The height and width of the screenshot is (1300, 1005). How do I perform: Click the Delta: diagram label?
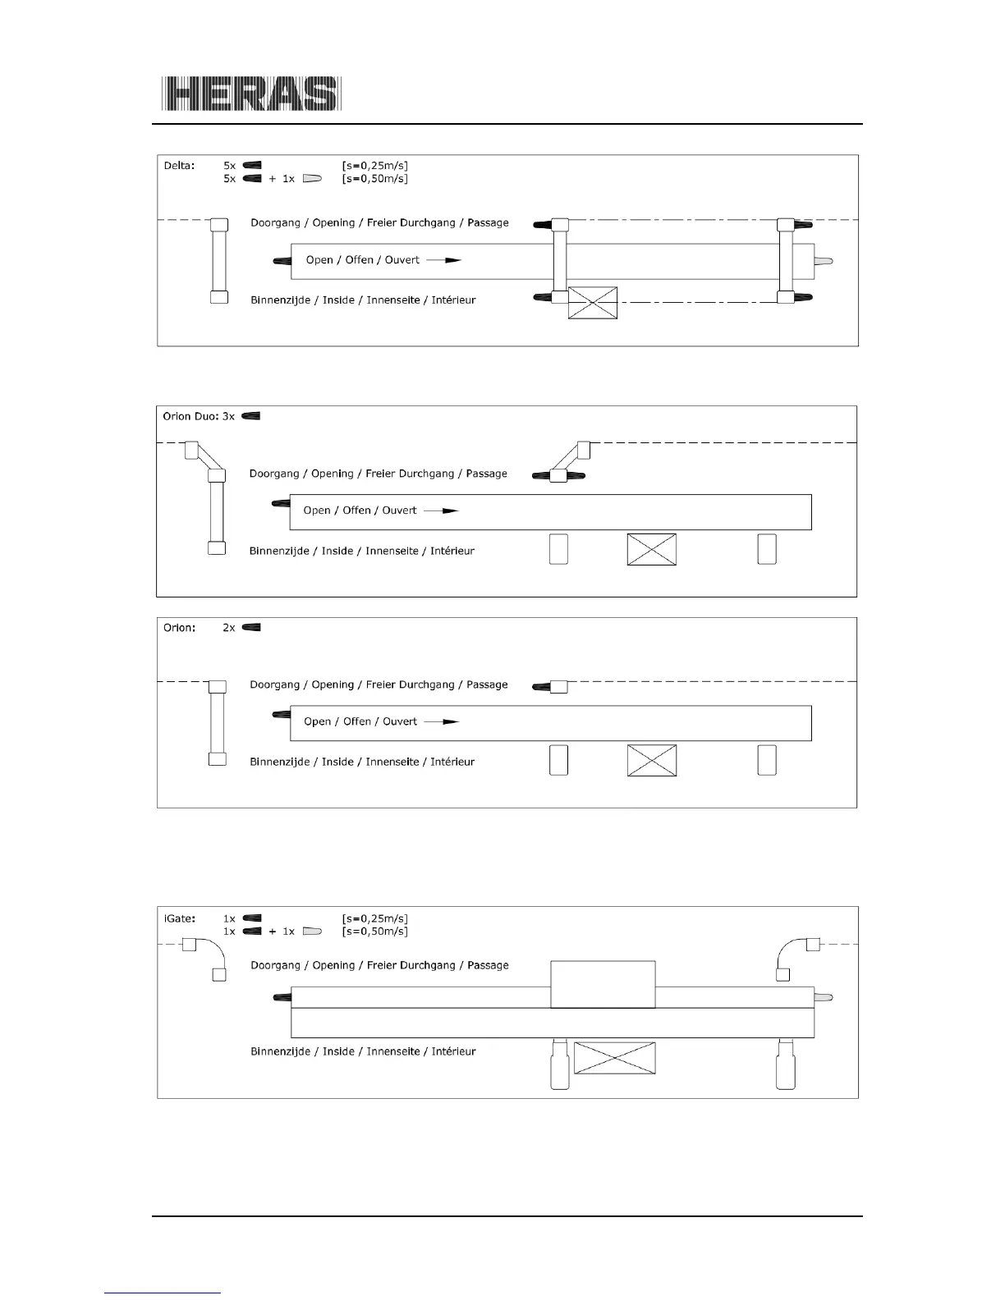[178, 165]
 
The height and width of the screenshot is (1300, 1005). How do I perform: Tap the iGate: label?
[178, 918]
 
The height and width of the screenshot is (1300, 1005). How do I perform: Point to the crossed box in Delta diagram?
[593, 303]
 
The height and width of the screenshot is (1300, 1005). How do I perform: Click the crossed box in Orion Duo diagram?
[651, 549]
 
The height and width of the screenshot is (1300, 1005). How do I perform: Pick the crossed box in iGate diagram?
[614, 1058]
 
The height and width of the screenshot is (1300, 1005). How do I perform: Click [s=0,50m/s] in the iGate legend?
[374, 932]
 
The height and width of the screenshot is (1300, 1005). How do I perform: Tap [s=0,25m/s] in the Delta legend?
[374, 165]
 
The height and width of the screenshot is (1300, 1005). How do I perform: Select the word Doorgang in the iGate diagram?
[275, 965]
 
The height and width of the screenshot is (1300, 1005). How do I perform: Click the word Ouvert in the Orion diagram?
[400, 721]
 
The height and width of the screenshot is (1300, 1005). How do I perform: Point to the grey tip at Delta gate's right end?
[824, 261]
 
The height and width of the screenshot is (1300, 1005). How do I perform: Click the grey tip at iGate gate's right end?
[824, 998]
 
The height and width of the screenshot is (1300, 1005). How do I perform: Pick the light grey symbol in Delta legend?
[312, 178]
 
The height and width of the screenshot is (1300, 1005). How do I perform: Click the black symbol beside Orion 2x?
[252, 628]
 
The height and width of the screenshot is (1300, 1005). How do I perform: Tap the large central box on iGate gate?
[603, 984]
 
